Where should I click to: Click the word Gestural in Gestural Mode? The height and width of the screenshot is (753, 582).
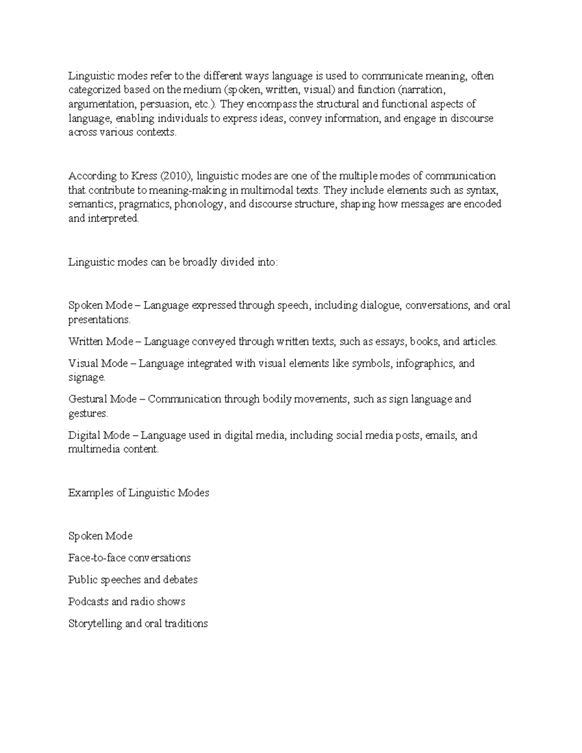(x=88, y=400)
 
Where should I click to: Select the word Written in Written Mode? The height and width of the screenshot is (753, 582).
(x=86, y=342)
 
